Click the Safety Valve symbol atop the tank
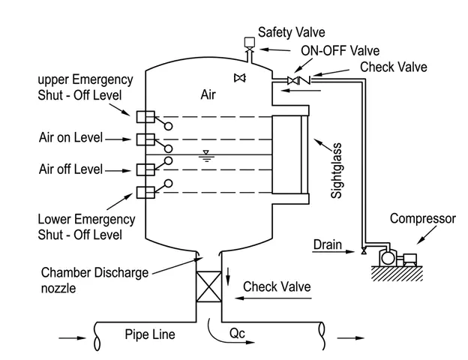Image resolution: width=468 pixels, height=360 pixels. pyautogui.click(x=249, y=46)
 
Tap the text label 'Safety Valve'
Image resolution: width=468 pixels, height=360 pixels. pyautogui.click(x=291, y=32)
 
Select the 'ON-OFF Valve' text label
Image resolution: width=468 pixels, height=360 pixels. pyautogui.click(x=340, y=51)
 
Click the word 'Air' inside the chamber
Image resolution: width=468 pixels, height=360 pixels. pyautogui.click(x=208, y=94)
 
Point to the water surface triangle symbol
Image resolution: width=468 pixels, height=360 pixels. pyautogui.click(x=206, y=156)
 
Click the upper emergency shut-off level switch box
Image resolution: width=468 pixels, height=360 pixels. pyautogui.click(x=145, y=117)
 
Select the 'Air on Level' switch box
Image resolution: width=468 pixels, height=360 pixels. pyautogui.click(x=145, y=139)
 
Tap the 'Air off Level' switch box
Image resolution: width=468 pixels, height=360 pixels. pyautogui.click(x=145, y=169)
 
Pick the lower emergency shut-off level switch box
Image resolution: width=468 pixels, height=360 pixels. pyautogui.click(x=145, y=193)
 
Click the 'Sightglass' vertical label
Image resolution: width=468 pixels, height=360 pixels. pyautogui.click(x=336, y=170)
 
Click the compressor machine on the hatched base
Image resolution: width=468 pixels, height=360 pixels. pyautogui.click(x=397, y=257)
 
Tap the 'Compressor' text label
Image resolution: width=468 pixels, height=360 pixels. pyautogui.click(x=423, y=219)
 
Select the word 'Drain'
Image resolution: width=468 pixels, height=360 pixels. pyautogui.click(x=328, y=244)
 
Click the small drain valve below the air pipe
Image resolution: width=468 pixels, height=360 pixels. pyautogui.click(x=364, y=250)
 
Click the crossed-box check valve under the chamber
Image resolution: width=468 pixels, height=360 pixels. pyautogui.click(x=208, y=286)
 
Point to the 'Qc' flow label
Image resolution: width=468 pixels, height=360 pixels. pyautogui.click(x=237, y=333)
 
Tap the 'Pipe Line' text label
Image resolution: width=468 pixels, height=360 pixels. pyautogui.click(x=150, y=334)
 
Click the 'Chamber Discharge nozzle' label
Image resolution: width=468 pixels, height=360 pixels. pyautogui.click(x=95, y=280)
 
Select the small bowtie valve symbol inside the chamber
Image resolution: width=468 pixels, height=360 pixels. pyautogui.click(x=240, y=78)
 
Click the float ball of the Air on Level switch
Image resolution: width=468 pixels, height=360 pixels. pyautogui.click(x=168, y=148)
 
